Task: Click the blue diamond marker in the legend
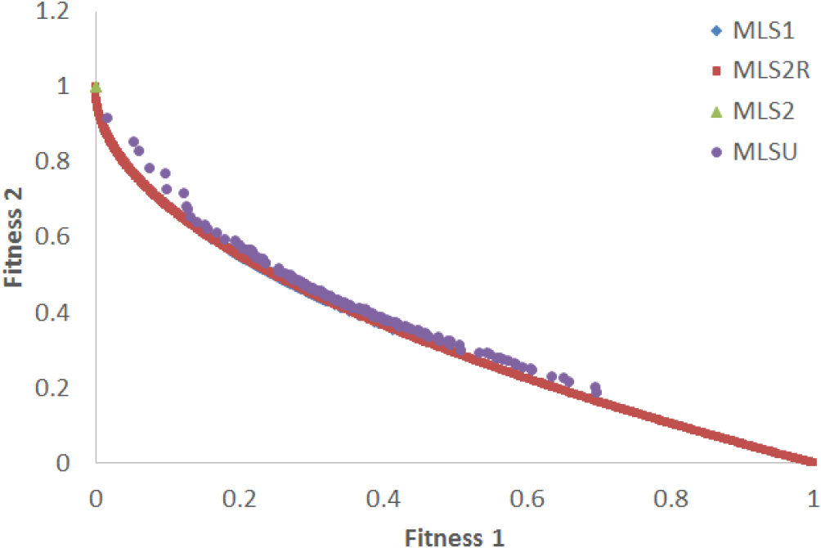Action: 717,32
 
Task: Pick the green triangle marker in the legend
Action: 717,111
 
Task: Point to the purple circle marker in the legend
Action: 717,151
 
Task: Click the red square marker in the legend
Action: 717,72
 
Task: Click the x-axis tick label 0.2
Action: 240,498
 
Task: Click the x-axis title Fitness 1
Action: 455,536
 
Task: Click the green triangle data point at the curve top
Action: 96,87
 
